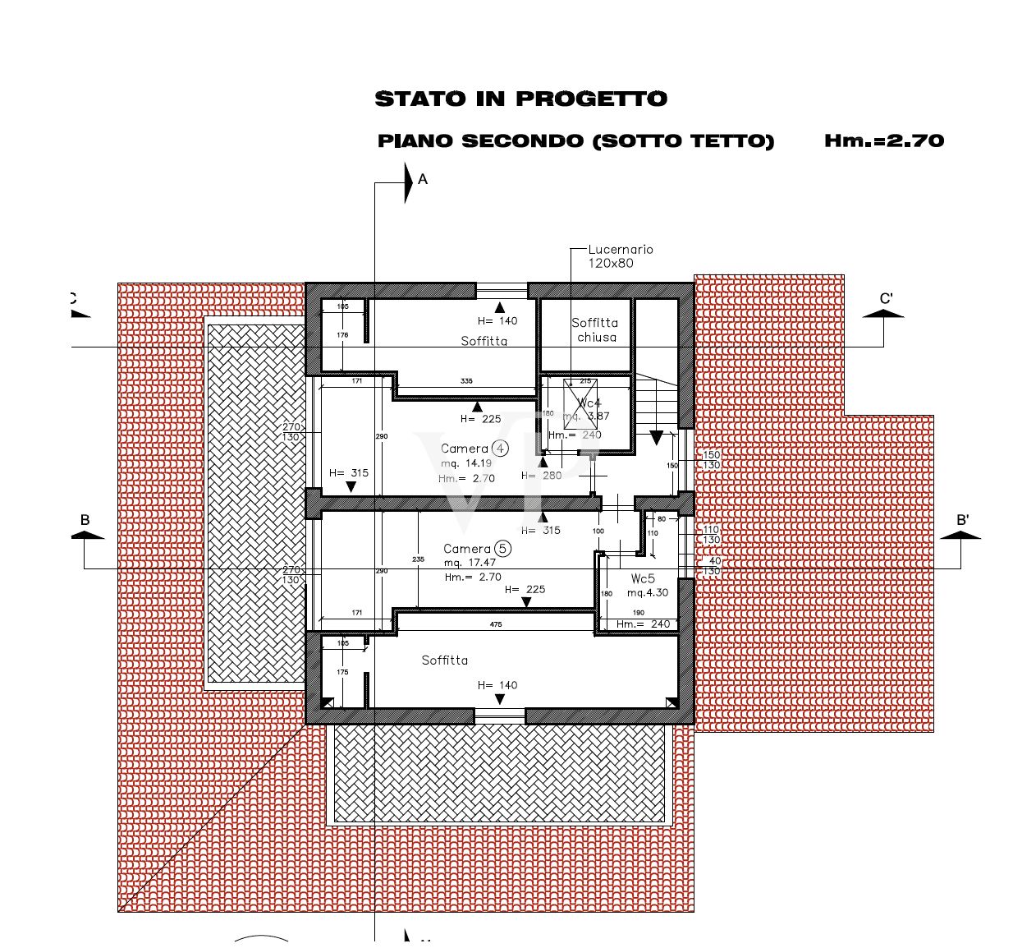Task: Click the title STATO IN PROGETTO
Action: [520, 99]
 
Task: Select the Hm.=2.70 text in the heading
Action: [884, 140]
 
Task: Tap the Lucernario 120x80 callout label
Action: [621, 256]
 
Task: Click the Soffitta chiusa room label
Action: [595, 330]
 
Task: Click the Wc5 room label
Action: [643, 578]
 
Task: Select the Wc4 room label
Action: [589, 403]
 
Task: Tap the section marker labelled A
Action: [423, 179]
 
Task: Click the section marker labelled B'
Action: [962, 520]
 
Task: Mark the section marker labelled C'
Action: [886, 299]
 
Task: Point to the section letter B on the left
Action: [85, 520]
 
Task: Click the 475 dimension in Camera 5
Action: [496, 624]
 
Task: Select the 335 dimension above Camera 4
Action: [466, 381]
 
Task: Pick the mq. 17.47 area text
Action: [470, 563]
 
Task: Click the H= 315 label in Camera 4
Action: [349, 473]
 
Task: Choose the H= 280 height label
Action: [541, 476]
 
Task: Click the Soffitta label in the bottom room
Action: [444, 660]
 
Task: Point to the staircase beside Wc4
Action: [657, 403]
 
